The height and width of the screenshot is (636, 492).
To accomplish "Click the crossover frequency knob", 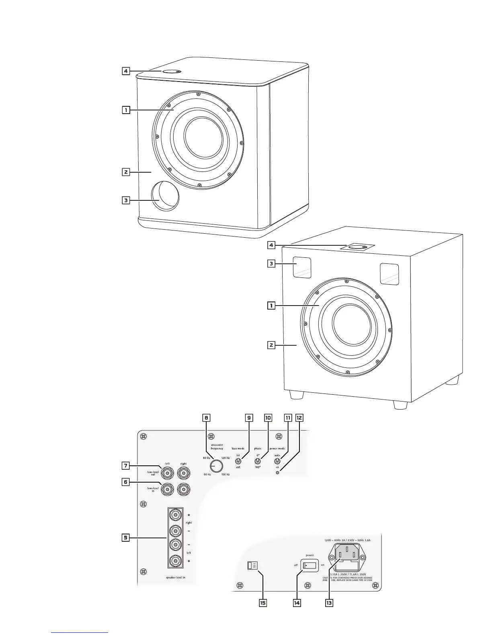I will (216, 466).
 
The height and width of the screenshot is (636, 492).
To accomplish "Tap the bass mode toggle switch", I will (238, 461).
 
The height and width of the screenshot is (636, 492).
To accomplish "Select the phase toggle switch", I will (258, 461).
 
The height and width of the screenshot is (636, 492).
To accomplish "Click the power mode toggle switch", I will (277, 461).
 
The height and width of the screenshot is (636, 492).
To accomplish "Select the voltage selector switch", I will (252, 566).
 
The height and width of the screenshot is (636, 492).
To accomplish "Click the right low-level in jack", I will (183, 489).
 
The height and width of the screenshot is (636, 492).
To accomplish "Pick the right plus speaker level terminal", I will (176, 514).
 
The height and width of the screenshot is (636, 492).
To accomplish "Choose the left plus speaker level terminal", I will (176, 561).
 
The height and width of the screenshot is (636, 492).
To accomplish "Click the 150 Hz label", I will (225, 474).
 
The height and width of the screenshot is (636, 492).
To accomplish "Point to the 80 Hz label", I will (207, 458).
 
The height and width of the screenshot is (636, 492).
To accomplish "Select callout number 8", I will (206, 418).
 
